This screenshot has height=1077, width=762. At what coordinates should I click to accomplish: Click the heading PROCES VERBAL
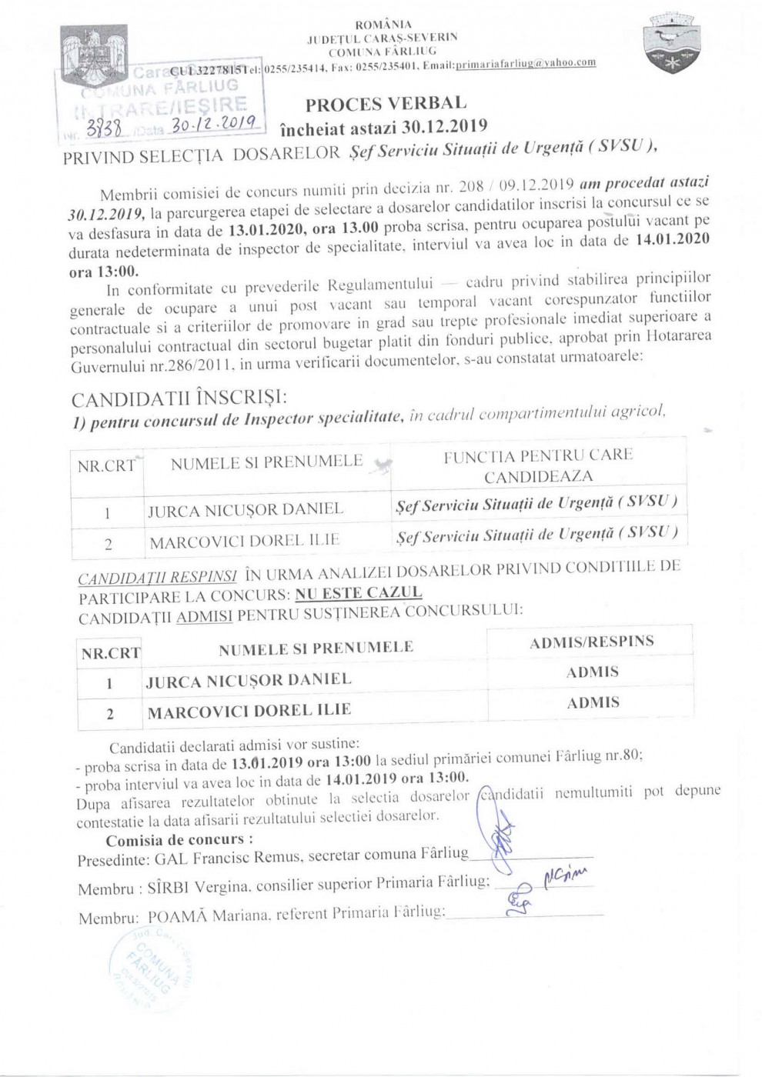click(386, 104)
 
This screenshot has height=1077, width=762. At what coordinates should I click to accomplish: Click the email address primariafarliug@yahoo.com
click(526, 64)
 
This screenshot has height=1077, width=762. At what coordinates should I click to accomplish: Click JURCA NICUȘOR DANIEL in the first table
click(245, 509)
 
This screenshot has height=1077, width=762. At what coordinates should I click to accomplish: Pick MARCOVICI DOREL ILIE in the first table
click(244, 542)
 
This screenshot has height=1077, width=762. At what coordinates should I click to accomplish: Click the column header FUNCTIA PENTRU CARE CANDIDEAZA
click(537, 465)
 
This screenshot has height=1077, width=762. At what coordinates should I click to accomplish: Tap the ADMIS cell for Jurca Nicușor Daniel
click(592, 672)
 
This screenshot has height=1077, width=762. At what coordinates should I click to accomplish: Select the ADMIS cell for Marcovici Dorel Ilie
click(592, 702)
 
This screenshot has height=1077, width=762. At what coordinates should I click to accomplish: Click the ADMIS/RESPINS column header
click(591, 642)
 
